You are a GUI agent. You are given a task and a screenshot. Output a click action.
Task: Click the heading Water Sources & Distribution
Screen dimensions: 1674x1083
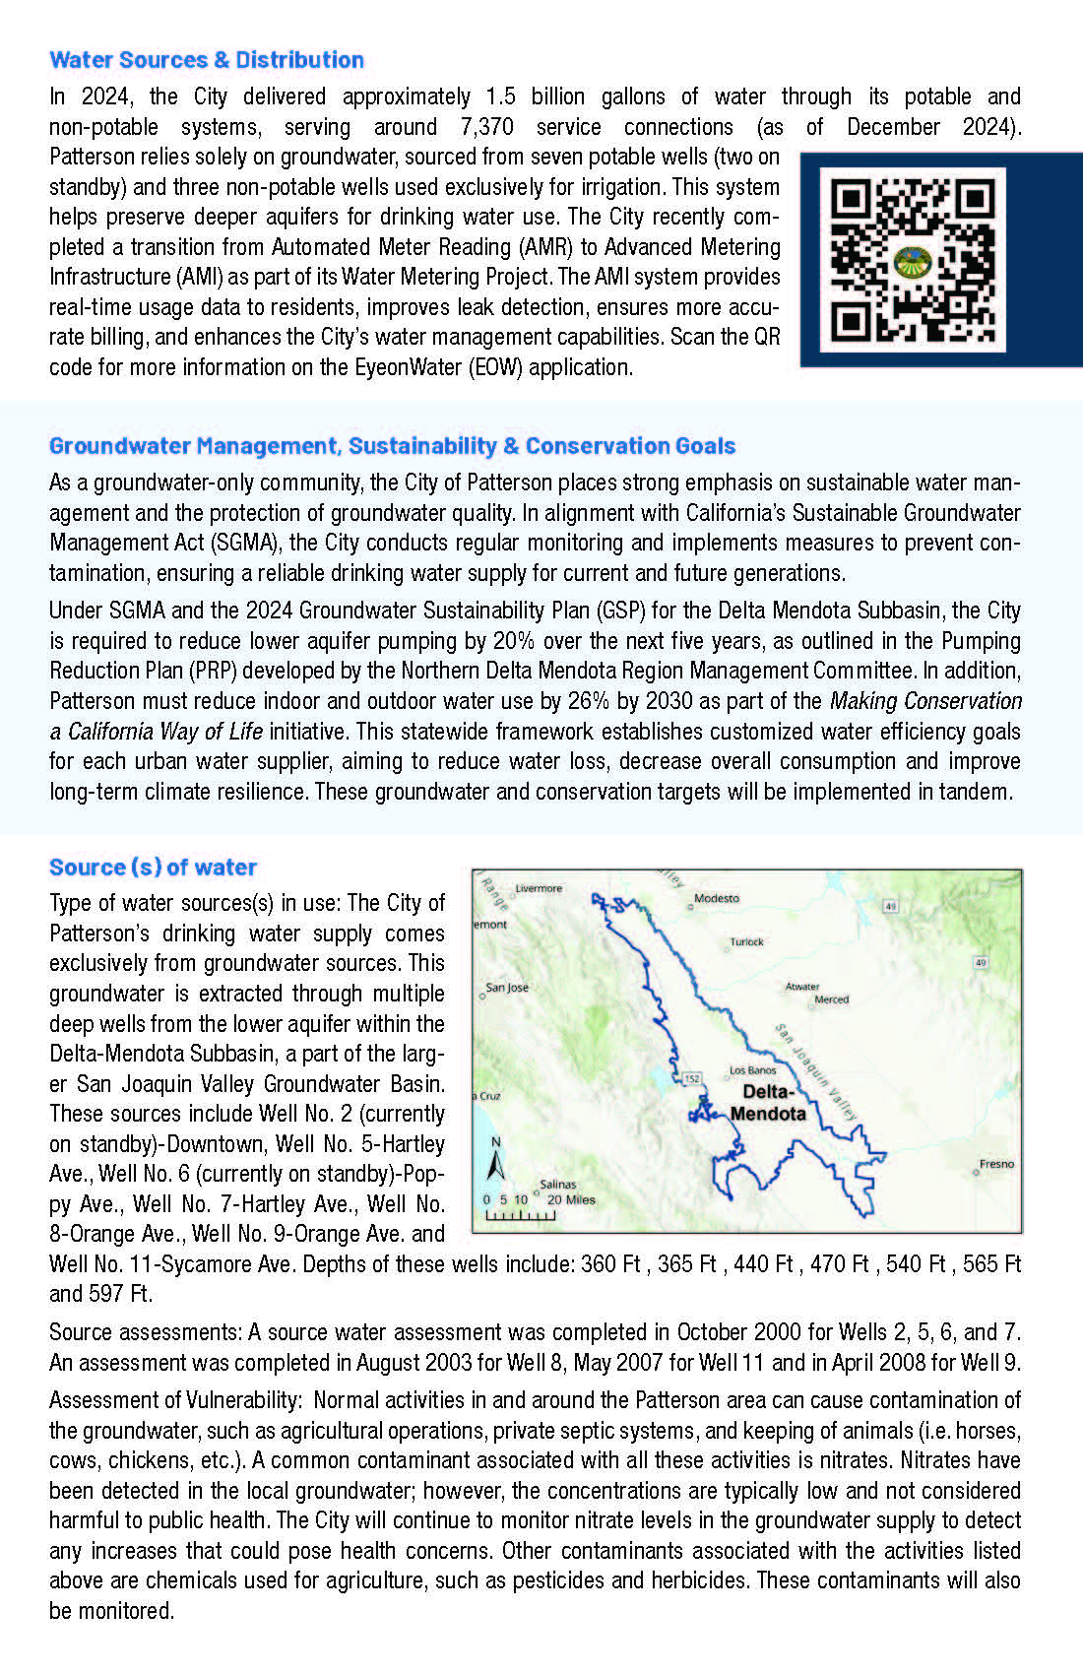click(207, 60)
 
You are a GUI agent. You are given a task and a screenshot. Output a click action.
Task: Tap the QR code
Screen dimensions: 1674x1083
click(913, 260)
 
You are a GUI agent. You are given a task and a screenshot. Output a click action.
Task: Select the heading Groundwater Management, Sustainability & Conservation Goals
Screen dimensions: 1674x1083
click(392, 446)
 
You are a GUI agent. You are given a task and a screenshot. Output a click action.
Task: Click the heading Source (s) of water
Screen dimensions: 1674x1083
click(153, 868)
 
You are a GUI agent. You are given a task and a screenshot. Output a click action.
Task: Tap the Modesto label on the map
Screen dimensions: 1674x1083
click(716, 898)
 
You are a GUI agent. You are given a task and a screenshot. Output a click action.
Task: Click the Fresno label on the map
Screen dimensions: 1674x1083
click(995, 1164)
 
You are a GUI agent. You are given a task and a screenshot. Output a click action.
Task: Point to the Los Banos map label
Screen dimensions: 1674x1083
click(752, 1070)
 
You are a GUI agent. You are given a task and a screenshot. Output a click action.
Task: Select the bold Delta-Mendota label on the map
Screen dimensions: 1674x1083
click(768, 1103)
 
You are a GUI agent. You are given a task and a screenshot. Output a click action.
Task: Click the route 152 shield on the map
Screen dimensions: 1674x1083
click(692, 1079)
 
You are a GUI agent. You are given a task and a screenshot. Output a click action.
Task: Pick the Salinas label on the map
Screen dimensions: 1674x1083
click(557, 1185)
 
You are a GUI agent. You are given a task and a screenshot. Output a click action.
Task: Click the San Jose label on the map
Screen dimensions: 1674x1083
click(507, 988)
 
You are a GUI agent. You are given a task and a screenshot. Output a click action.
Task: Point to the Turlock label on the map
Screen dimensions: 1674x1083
click(746, 942)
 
